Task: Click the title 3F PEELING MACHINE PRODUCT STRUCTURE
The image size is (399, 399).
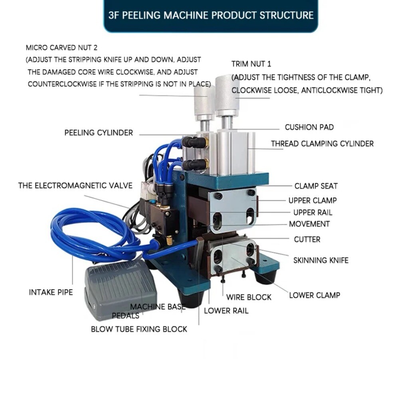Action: (211, 16)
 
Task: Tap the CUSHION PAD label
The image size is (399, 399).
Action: (309, 127)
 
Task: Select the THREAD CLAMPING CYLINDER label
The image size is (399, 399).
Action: (322, 144)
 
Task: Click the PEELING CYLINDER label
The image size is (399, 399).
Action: (99, 133)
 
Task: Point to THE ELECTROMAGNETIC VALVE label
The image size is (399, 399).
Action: (75, 186)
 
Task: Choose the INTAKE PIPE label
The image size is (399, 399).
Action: (51, 292)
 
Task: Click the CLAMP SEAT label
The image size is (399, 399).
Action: (316, 186)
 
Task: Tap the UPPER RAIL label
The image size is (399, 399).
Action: (313, 212)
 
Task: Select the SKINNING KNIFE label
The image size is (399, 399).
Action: (321, 261)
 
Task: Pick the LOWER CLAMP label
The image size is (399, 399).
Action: (314, 295)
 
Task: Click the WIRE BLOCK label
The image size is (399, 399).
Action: (249, 297)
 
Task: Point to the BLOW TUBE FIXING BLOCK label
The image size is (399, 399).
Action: (139, 329)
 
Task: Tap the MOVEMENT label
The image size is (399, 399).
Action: (309, 224)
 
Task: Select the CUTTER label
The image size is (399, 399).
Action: (307, 239)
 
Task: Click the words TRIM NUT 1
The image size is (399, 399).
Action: (251, 64)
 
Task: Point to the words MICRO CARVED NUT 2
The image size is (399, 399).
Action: (61, 47)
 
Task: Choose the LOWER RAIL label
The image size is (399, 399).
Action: (226, 310)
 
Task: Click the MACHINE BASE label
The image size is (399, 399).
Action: (158, 307)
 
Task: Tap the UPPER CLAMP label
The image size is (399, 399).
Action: (313, 200)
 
